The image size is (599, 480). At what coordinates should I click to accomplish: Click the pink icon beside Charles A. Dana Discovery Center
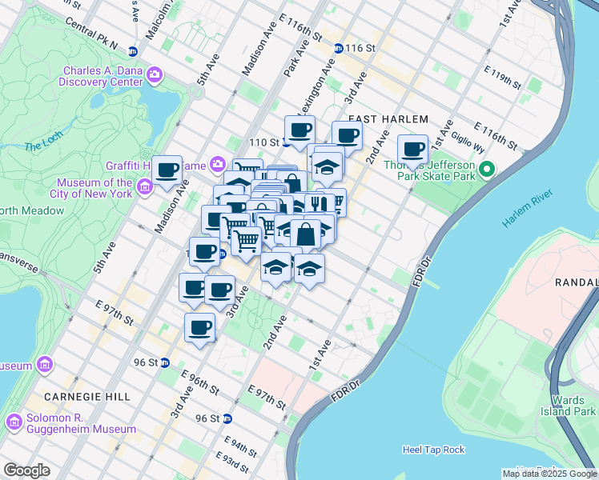[x=154, y=77]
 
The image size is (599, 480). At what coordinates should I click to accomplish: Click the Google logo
[x=26, y=470]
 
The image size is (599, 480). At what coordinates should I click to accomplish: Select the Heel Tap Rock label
[x=434, y=450]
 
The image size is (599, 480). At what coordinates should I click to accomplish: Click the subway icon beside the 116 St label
[x=339, y=48]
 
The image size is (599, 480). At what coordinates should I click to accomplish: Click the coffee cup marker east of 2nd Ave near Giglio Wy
[x=413, y=149]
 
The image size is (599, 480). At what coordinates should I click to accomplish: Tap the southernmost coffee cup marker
[x=199, y=326]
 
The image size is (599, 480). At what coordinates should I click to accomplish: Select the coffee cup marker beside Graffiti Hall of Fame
[x=167, y=170]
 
